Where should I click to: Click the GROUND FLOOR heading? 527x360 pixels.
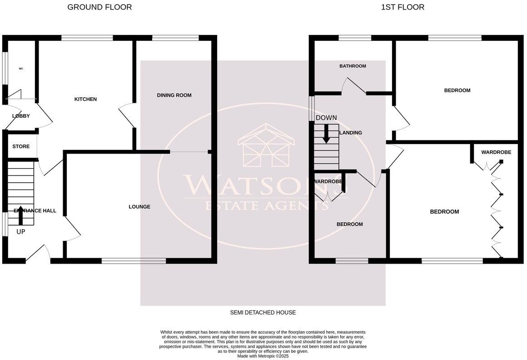tap(99, 7)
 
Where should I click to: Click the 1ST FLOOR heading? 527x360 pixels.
tap(403, 7)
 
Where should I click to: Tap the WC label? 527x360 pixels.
tap(21, 69)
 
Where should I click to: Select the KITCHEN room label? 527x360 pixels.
tap(85, 99)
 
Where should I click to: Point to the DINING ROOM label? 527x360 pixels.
tap(174, 95)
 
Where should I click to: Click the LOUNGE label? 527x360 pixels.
tap(139, 206)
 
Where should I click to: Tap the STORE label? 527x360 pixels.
tap(21, 146)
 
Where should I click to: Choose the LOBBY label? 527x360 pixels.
tap(21, 116)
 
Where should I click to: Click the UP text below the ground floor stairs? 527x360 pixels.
tap(21, 232)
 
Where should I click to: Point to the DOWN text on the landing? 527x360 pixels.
tap(326, 118)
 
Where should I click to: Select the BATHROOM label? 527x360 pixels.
tap(353, 66)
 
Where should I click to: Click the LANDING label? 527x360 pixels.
tap(351, 133)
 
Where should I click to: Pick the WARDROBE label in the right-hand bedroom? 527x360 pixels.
tap(496, 152)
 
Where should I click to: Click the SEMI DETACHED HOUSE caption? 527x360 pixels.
tap(263, 312)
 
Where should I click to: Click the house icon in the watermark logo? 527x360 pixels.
tap(266, 145)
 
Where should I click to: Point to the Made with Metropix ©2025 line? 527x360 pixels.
tap(263, 356)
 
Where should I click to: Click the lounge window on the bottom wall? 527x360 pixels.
tap(134, 261)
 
